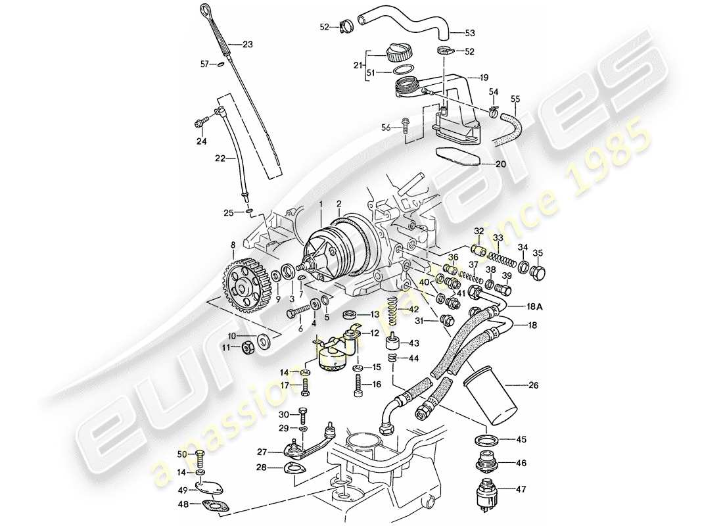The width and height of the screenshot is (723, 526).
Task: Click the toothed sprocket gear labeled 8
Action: pyautogui.click(x=243, y=285)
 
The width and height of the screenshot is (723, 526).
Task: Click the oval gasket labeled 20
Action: pyautogui.click(x=457, y=157)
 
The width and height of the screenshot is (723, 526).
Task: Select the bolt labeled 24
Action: pyautogui.click(x=200, y=122)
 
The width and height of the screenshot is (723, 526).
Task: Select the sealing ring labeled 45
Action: pyautogui.click(x=485, y=440)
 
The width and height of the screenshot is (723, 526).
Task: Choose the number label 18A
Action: pyautogui.click(x=534, y=306)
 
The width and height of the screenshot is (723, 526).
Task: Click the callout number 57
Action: pyautogui.click(x=204, y=64)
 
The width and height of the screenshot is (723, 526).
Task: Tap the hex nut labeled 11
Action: pyautogui.click(x=248, y=347)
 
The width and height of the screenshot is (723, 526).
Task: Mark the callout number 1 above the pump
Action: pyautogui.click(x=320, y=205)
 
